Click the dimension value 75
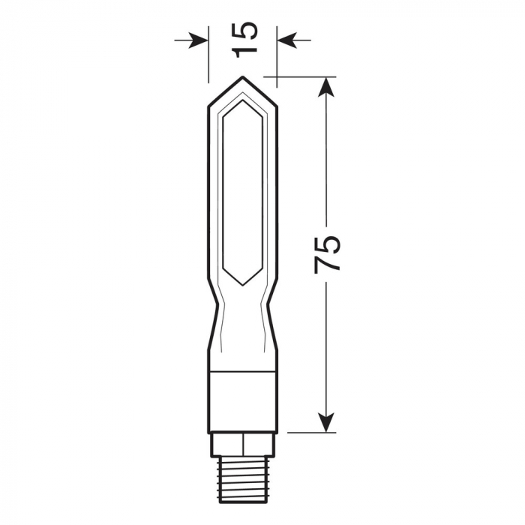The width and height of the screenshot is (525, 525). (x=327, y=253)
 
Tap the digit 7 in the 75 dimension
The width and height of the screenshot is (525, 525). (x=327, y=264)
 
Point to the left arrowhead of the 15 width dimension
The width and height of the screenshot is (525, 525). (x=201, y=39)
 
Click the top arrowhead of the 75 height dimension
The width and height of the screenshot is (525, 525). (x=325, y=84)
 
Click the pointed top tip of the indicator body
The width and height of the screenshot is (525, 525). (x=242, y=76)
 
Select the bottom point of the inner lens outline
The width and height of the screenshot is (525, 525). (x=242, y=285)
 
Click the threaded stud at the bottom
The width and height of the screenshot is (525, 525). (x=243, y=480)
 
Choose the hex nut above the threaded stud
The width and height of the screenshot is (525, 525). (x=243, y=444)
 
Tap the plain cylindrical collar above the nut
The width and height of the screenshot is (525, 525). (x=243, y=401)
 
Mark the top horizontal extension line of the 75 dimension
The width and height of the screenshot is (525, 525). (x=300, y=76)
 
